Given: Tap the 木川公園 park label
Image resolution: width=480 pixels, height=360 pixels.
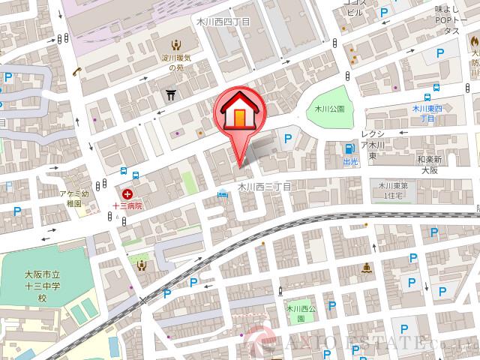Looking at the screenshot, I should pyautogui.click(x=331, y=109).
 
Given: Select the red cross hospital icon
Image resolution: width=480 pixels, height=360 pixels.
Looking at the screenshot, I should pyautogui.click(x=127, y=194).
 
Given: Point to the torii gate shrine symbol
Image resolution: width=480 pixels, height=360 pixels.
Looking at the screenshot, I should pyautogui.click(x=172, y=94).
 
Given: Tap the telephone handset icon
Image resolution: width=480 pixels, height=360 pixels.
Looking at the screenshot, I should pyautogui.click(x=77, y=71).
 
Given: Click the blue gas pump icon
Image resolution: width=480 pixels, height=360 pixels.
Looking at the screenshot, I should pyautogui.click(x=348, y=148).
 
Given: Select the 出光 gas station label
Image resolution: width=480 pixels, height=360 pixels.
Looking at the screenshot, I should pyautogui.click(x=350, y=160).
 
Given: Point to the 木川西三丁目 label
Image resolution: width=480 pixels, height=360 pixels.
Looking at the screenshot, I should pyautogui.click(x=264, y=185).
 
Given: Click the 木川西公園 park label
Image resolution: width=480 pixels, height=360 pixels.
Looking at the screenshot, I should pyautogui.click(x=299, y=313).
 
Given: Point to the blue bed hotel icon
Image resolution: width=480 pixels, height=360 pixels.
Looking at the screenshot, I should pyautogui.click(x=223, y=196).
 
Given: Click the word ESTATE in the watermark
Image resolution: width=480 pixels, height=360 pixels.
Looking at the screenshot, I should pyautogui.click(x=379, y=344).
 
